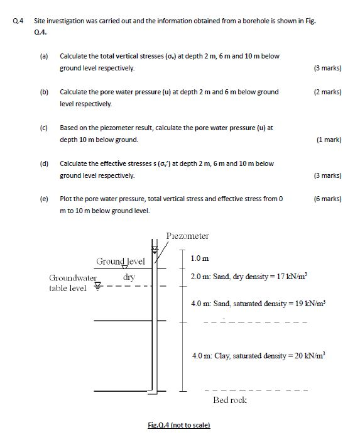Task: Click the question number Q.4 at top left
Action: (x=18, y=21)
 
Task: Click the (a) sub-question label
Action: (x=44, y=56)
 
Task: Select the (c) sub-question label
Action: (x=44, y=128)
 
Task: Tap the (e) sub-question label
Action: (x=44, y=199)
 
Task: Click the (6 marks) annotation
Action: (x=327, y=199)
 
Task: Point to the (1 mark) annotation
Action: (x=329, y=140)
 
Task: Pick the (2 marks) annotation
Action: (x=327, y=92)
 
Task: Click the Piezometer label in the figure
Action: (x=188, y=236)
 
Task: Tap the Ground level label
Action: (x=120, y=261)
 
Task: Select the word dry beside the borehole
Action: (x=129, y=276)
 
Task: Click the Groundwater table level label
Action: (x=71, y=282)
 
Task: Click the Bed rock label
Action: (x=229, y=400)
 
